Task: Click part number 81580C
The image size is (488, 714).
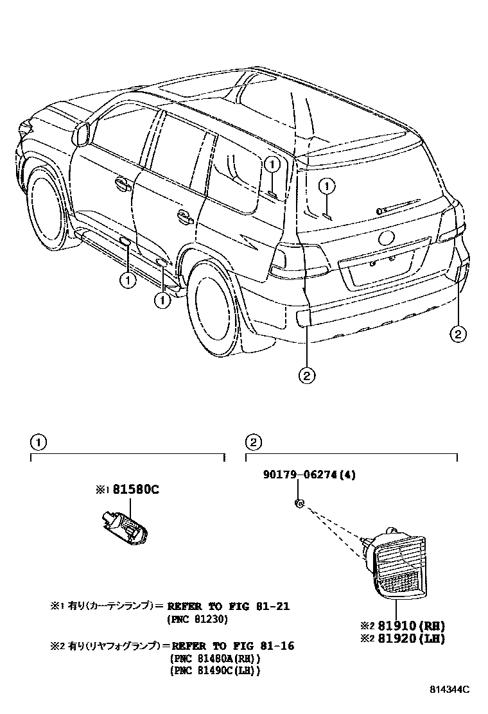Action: point(135,490)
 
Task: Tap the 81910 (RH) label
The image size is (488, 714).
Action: point(409,626)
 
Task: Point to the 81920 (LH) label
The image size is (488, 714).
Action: point(409,639)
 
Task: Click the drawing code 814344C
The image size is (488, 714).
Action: point(449,690)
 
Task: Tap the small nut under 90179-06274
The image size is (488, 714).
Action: point(299,503)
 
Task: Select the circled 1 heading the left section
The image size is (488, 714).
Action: point(39,442)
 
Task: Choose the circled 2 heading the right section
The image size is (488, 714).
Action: point(254,442)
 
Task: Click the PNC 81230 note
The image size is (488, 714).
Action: point(198,619)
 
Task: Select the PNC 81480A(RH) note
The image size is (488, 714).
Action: point(215,659)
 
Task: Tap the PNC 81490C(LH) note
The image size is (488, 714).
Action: point(215,671)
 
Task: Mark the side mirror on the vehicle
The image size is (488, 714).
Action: point(83,134)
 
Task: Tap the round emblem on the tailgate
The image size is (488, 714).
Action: point(386,238)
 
